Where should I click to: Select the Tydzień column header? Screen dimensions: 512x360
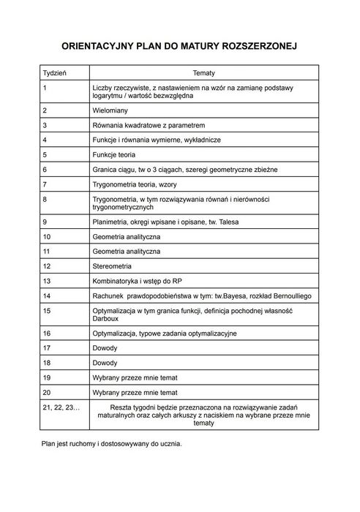tap(55, 73)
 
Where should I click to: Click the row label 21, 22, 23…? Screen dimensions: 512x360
tap(61, 406)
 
